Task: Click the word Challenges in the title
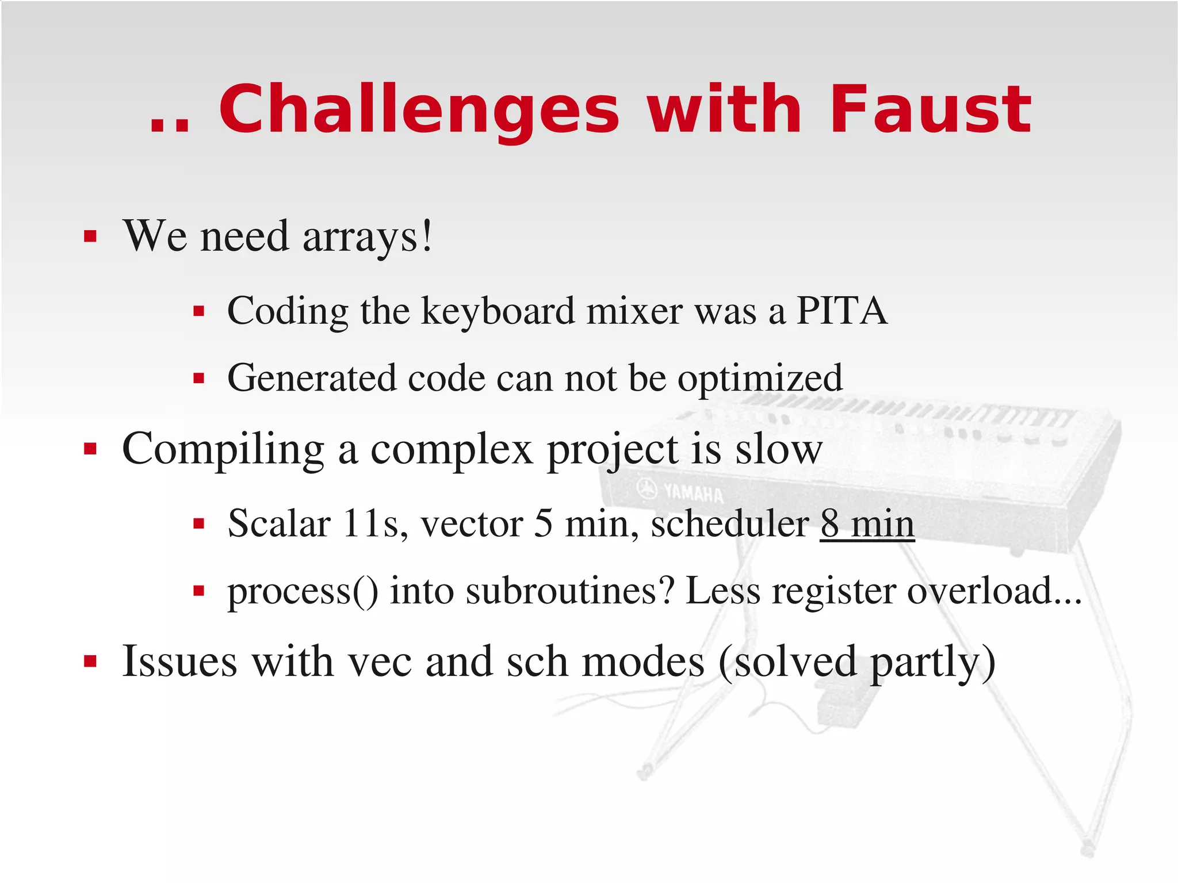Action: [x=419, y=109]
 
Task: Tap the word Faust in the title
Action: [x=930, y=109]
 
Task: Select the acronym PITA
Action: [x=842, y=311]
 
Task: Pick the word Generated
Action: [x=312, y=379]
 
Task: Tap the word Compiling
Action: [x=223, y=450]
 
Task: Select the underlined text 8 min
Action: [x=867, y=524]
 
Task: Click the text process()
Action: [x=303, y=591]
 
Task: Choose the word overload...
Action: [x=980, y=591]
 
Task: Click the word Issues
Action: [x=179, y=662]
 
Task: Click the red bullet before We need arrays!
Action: [x=90, y=236]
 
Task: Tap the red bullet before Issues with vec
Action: [x=90, y=662]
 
